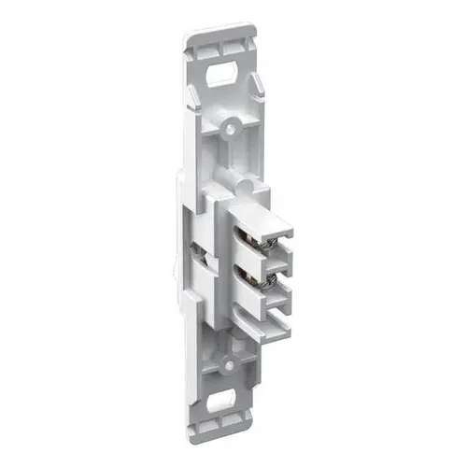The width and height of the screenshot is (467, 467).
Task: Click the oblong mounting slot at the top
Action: [223, 74]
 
